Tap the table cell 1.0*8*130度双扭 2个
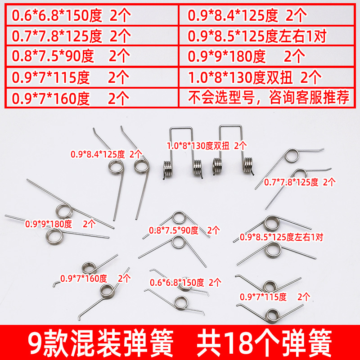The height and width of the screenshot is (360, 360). pos(255,77)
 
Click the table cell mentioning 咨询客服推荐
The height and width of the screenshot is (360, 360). pos(268,97)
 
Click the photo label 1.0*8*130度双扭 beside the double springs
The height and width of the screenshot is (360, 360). pos(207,146)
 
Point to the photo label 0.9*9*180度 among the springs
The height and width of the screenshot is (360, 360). pos(60,224)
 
